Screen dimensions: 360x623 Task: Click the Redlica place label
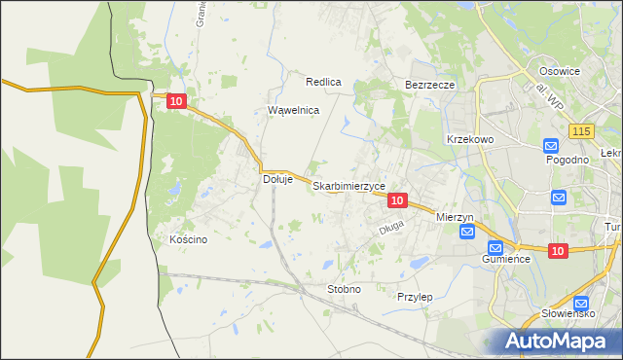point(323,83)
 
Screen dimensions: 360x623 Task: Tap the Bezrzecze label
point(430,86)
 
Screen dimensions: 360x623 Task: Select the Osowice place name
point(560,71)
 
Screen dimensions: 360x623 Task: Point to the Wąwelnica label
point(294,111)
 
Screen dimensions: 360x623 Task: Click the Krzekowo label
point(471,139)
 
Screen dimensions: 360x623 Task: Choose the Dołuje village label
point(278,179)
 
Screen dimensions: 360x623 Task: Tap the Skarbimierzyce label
point(349,186)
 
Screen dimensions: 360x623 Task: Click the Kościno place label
point(188,240)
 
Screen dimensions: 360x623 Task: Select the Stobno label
point(344,289)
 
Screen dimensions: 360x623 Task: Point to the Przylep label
point(415,296)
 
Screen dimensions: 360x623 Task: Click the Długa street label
point(390,230)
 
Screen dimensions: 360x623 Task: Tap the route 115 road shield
point(582,130)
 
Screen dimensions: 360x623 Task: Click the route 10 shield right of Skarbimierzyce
point(396,199)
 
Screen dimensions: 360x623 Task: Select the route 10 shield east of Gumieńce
point(557,251)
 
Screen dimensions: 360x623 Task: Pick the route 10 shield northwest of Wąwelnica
point(175,100)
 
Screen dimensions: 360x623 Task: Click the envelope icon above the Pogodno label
point(551,145)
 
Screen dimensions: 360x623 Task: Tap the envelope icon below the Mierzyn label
point(467,231)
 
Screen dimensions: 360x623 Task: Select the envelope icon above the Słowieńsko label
point(581,303)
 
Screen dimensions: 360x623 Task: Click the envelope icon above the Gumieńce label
point(495,247)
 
